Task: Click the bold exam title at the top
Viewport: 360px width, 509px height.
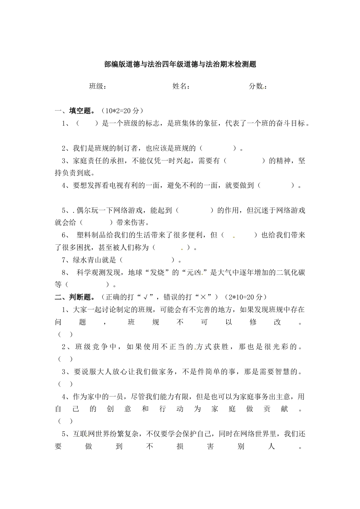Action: [x=180, y=64]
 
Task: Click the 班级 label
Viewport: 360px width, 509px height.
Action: [x=97, y=86]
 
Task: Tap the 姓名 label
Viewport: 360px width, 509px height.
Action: [x=181, y=86]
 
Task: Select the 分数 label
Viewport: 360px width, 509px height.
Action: [x=257, y=86]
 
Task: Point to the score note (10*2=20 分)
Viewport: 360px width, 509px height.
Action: [x=122, y=111]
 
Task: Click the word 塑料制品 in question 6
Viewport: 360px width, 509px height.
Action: [x=90, y=235]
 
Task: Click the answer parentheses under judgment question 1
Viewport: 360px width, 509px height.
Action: [x=65, y=334]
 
